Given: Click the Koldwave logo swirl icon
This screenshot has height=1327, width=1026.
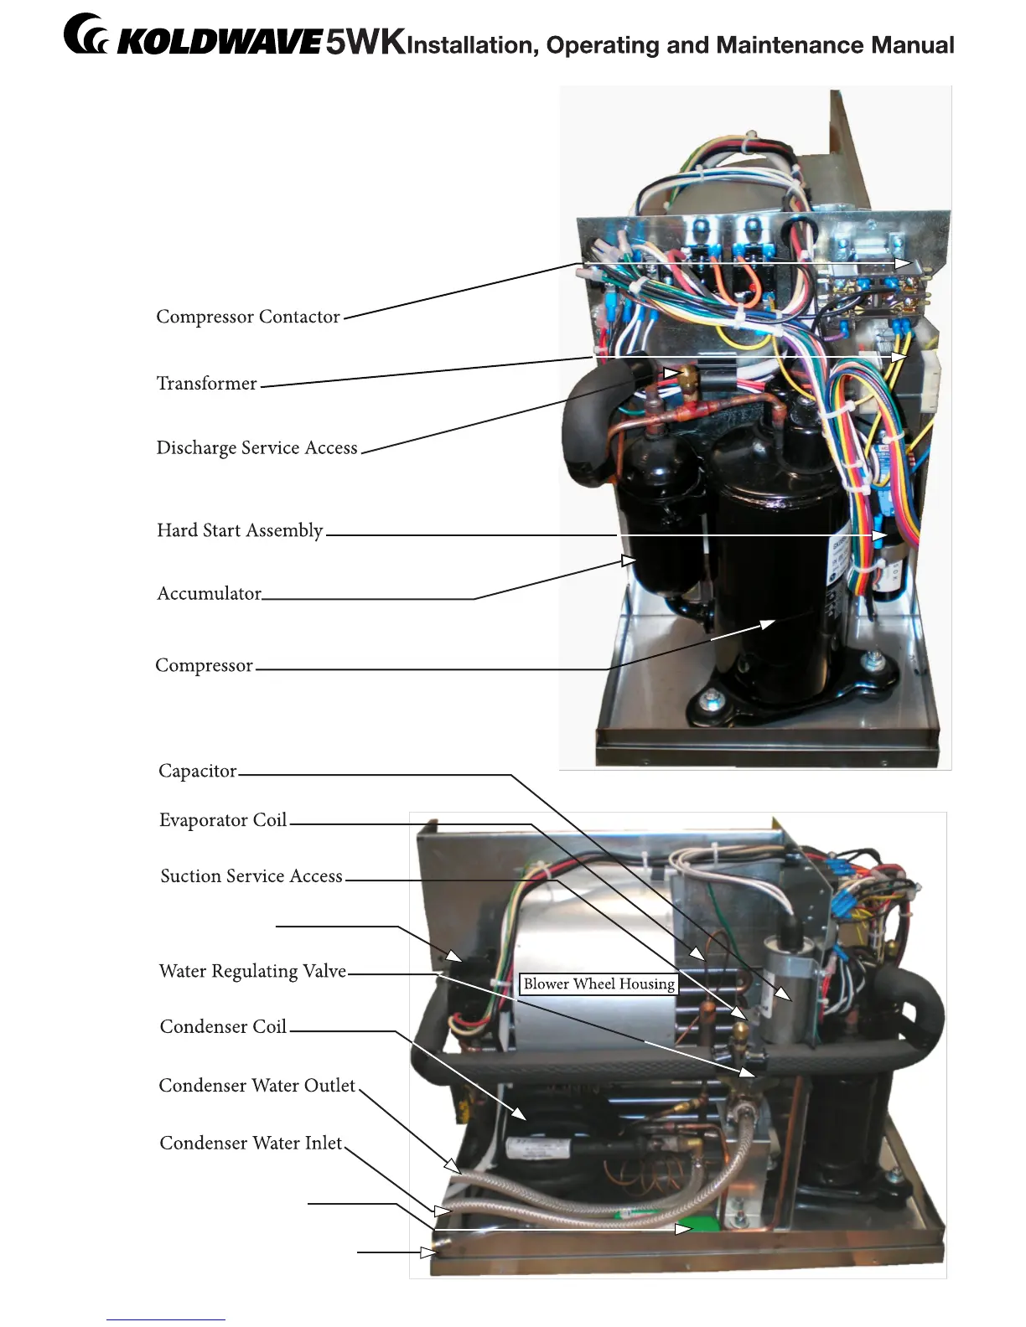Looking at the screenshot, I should tap(85, 36).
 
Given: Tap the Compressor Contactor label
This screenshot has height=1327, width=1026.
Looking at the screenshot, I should tap(248, 317).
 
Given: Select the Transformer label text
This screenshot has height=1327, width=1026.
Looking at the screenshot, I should tap(206, 384).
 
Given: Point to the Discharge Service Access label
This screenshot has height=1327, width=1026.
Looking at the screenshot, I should tap(256, 448).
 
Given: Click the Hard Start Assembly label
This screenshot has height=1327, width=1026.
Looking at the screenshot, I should tap(240, 530).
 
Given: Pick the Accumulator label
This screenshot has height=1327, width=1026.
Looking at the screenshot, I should tap(209, 594).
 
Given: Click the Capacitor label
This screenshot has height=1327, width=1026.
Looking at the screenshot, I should tap(198, 771).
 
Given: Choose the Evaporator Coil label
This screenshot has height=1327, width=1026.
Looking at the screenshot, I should tap(223, 820).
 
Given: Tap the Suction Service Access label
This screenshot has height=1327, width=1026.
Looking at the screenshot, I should tap(251, 876).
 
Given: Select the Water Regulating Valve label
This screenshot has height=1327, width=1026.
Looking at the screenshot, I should tap(252, 972).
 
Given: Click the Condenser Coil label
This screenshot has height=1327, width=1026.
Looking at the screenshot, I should tap(223, 1027).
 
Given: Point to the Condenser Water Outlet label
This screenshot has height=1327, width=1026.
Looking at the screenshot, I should tap(257, 1086).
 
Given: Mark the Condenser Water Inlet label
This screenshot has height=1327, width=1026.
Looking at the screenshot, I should tap(251, 1144).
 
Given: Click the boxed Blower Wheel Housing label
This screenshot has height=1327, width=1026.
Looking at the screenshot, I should tap(598, 984).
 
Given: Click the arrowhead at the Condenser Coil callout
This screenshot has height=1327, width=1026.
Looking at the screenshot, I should tap(520, 1113).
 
